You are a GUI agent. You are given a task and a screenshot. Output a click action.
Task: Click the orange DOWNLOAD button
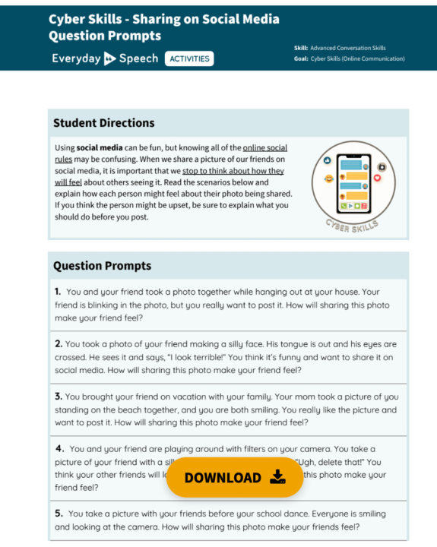(234, 477)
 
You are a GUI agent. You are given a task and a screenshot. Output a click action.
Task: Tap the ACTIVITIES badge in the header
(189, 58)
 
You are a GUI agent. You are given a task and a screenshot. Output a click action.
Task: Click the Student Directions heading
(104, 123)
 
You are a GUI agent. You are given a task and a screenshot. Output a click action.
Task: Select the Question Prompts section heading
(102, 266)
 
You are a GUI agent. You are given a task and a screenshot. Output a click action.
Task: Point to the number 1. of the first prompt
(58, 291)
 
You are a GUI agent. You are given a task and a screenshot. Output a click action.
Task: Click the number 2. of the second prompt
(59, 343)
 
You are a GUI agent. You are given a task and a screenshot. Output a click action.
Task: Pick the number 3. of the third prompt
(59, 396)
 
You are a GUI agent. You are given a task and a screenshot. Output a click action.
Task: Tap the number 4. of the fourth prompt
(59, 448)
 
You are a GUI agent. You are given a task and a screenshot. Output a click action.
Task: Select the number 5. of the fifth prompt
(59, 513)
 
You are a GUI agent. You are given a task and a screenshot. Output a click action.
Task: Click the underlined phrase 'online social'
(265, 147)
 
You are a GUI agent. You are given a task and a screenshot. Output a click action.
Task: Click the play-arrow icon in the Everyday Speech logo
(110, 58)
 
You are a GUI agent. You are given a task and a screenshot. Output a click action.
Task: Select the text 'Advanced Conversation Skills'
(350, 48)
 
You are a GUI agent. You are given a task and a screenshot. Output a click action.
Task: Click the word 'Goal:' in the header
(301, 58)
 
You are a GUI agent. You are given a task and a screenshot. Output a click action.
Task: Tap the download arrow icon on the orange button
(277, 477)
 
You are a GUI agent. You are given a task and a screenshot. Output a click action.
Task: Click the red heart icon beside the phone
(377, 176)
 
